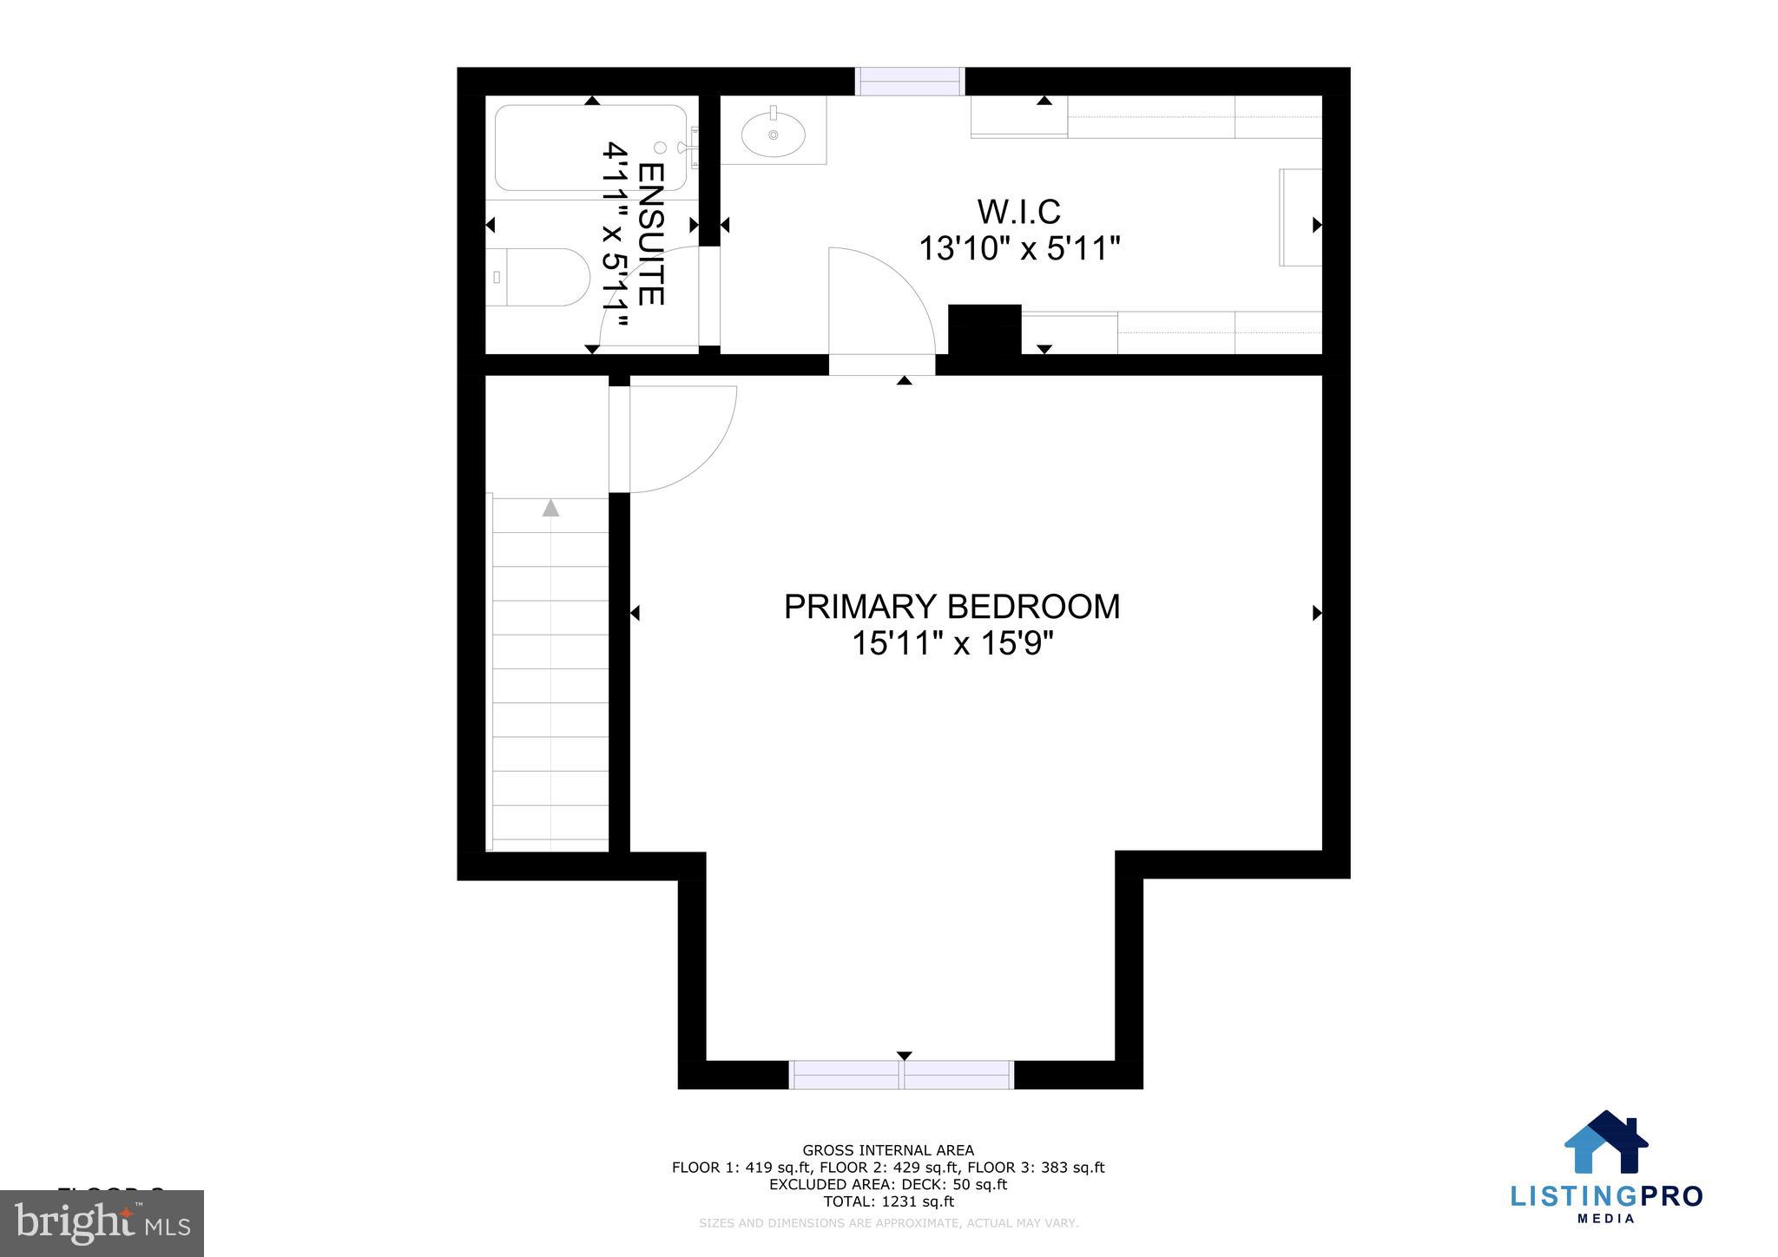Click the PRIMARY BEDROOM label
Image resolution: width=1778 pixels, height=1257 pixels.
pos(952,607)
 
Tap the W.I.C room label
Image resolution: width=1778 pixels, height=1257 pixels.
pos(1018,212)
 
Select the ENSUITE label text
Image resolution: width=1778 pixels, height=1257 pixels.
pos(650,234)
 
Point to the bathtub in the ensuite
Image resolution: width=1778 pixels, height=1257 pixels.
pos(590,148)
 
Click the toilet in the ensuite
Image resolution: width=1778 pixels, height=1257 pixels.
pos(538,277)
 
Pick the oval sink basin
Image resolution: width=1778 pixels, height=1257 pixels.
pos(773,135)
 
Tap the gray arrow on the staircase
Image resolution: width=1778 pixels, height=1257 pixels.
pos(550,508)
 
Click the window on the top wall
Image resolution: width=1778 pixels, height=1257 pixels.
pos(910,82)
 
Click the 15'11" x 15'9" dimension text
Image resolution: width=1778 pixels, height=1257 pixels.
pos(952,644)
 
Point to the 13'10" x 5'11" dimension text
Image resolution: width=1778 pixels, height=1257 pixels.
pos(1019,250)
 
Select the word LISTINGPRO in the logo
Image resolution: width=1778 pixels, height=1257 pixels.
pos(1606,1196)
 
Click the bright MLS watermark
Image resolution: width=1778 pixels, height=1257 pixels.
pos(102,1222)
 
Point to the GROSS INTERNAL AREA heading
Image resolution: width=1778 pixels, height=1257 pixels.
pos(888,1151)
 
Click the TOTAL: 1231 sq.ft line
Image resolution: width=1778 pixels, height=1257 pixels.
pos(888,1202)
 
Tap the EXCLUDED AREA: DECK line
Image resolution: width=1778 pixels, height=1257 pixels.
pos(888,1185)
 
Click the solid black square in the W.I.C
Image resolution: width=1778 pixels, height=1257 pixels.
pos(984,330)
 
